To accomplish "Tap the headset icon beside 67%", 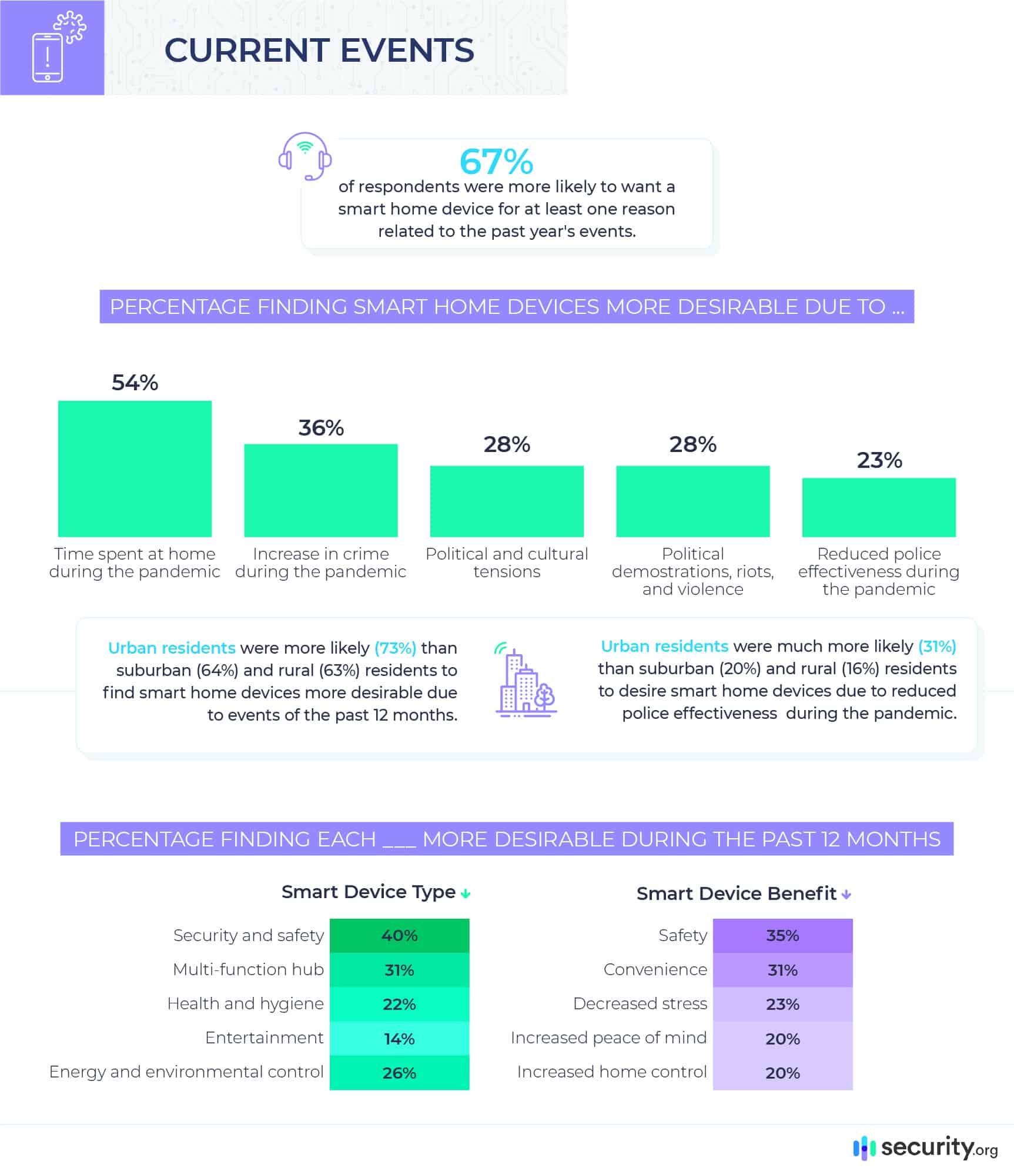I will coord(304,156).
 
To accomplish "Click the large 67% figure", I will coord(496,162).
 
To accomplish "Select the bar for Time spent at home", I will coord(135,468).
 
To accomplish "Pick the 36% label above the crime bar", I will coord(321,428).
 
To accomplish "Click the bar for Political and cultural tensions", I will coord(507,501).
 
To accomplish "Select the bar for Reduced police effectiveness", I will coord(879,507).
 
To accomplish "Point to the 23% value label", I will coord(879,460).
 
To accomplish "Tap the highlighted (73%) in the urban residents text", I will coord(395,648).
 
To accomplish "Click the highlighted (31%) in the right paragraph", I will coord(937,646).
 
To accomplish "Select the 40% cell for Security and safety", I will coord(399,935).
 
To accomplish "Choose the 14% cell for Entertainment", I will coord(399,1039).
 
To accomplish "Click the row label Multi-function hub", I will coord(248,969).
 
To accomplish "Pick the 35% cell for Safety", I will coord(782,935).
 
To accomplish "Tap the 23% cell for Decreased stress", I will coord(782,1004).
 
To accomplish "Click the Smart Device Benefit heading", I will coord(736,893).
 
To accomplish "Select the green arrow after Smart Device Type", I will coord(466,894).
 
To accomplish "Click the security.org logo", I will coord(926,1147).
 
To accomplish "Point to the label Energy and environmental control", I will coord(186,1072).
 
